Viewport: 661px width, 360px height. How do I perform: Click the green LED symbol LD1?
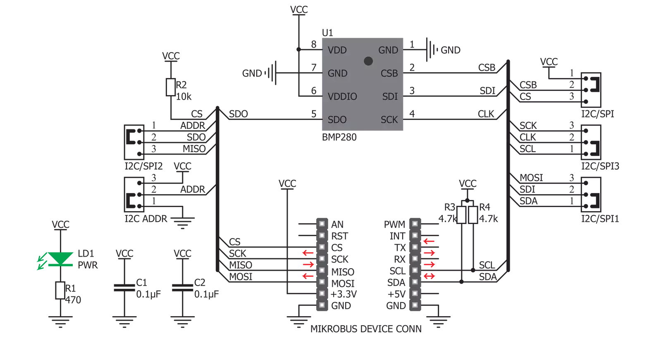coord(60,259)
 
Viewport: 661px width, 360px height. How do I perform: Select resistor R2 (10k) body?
coord(171,87)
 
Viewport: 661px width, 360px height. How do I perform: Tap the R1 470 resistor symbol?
coord(60,291)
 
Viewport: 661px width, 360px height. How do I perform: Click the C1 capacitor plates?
coord(124,288)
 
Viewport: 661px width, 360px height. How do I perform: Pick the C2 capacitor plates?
coord(182,288)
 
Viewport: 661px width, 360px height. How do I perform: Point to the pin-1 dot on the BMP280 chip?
coord(368,61)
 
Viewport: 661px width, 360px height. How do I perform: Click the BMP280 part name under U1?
coord(339,137)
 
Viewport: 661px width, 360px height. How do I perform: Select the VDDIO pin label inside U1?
coord(342,96)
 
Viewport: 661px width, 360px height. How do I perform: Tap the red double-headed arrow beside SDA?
coord(429,276)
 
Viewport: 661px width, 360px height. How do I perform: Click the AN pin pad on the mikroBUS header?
coord(322,224)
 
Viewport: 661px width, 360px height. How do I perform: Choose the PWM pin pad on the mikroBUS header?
coord(415,224)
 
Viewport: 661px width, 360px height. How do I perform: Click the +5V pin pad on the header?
coord(415,293)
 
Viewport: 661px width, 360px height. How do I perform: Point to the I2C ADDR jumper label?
coord(146,219)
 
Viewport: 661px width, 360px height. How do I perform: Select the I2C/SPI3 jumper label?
coord(600,166)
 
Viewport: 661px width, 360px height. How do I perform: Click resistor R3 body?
coord(461,215)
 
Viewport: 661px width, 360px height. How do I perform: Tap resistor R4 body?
coord(473,215)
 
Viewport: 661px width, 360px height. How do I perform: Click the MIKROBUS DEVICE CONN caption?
coord(366,329)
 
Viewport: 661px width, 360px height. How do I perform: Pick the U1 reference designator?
coord(327,33)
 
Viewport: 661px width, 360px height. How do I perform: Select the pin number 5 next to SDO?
coord(314,114)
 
